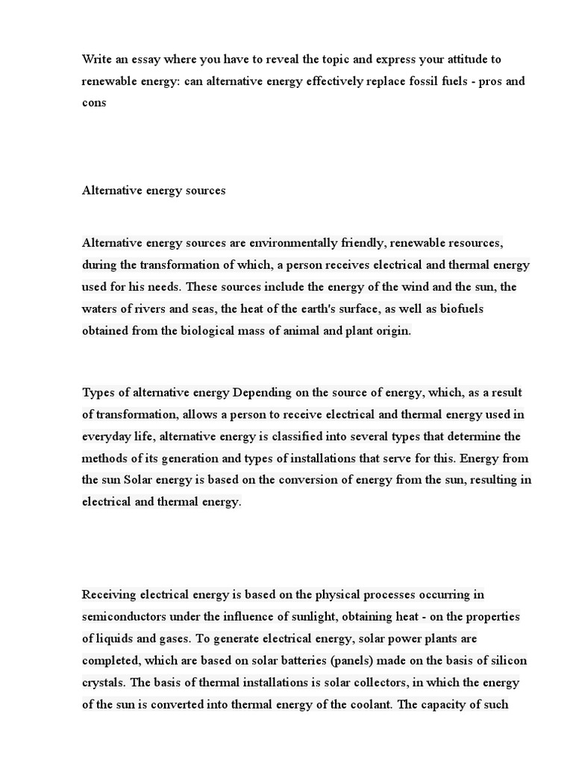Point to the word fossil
tap(406, 80)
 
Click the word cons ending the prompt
tap(94, 103)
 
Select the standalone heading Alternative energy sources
tap(153, 190)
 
